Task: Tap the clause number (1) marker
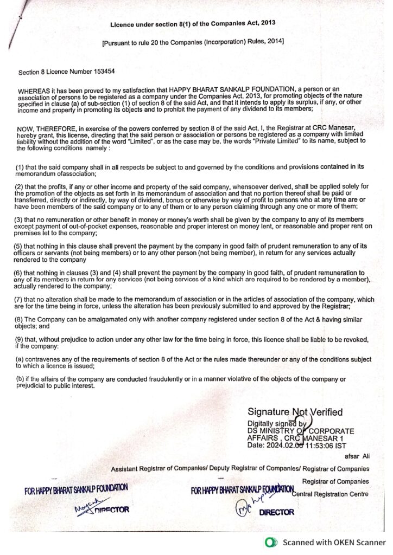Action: click(20, 169)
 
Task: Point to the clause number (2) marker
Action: click(20, 187)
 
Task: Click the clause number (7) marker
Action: click(20, 299)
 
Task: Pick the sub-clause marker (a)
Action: click(20, 359)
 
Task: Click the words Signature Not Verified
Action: click(295, 412)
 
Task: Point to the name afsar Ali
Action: click(356, 457)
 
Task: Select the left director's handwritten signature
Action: click(83, 506)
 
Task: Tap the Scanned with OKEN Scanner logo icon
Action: click(269, 542)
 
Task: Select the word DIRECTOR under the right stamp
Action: click(277, 512)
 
